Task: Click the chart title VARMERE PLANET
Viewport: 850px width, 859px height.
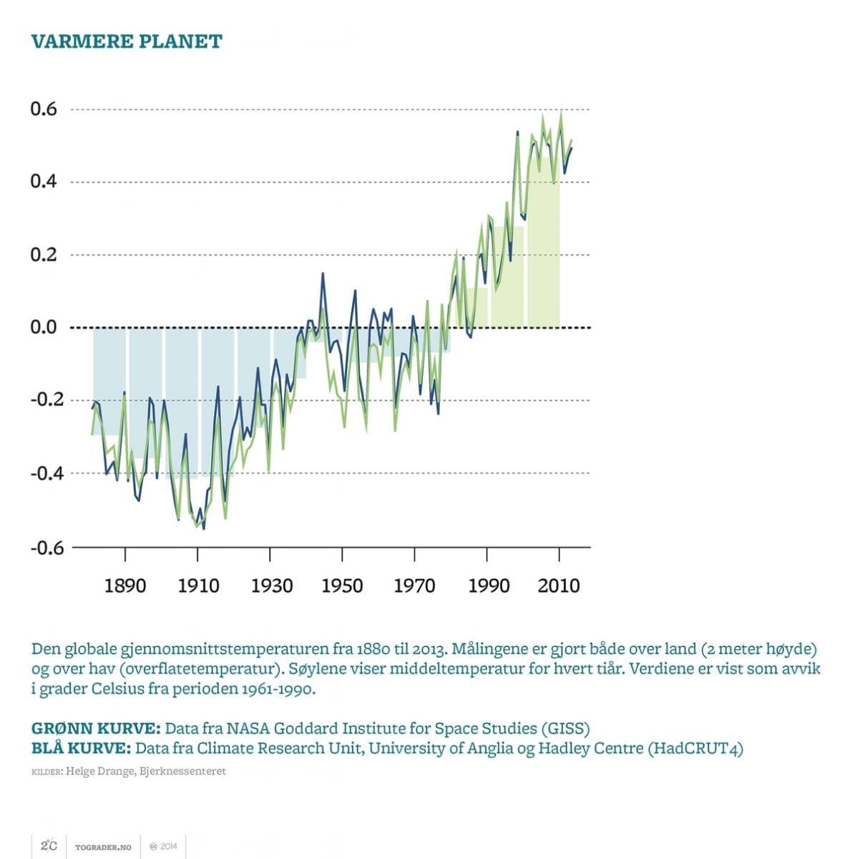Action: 127,42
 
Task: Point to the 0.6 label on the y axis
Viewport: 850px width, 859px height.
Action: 44,110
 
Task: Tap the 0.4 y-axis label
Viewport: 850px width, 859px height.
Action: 44,182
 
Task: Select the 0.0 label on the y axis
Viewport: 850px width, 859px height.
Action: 44,328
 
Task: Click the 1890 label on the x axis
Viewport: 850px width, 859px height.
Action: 125,586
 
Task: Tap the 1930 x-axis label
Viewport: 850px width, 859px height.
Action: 271,586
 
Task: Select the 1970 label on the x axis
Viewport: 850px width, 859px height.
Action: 414,586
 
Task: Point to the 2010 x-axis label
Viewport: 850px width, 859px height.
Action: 559,586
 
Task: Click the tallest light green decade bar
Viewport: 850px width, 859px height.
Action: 543,243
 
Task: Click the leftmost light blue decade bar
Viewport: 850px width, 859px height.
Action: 109,379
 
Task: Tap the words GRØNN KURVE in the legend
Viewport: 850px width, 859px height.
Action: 96,729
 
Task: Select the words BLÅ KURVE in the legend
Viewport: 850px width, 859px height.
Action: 81,749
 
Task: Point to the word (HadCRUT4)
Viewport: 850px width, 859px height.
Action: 695,749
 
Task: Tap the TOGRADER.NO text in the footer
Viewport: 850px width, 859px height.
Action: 103,847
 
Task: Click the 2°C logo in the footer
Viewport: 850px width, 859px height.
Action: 49,846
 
